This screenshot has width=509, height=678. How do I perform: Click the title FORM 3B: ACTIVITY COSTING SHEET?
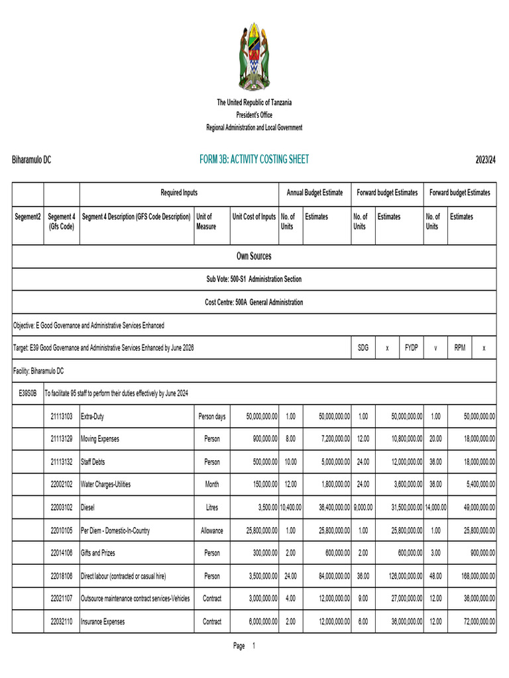pos(254,160)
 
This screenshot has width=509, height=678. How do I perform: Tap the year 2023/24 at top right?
pos(486,160)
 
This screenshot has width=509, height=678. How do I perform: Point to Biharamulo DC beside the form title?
pos(32,160)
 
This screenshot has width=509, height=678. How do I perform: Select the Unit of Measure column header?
pos(206,222)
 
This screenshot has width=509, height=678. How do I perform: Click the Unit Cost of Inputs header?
pos(254,217)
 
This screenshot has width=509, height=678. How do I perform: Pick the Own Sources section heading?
pos(254,256)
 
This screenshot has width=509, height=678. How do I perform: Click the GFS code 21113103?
pos(62,416)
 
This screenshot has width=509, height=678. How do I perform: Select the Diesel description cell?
pos(89,507)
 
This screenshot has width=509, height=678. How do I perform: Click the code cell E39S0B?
pos(28,393)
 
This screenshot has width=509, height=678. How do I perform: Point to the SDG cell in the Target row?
pos(363,348)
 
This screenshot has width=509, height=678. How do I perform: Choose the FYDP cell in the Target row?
pos(411,348)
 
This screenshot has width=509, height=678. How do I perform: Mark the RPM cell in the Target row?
pos(459,348)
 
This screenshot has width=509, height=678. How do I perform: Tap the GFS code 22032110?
pos(62,622)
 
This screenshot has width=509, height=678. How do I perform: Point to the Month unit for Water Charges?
pos(212,485)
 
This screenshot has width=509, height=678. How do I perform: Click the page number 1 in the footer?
pos(253,646)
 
